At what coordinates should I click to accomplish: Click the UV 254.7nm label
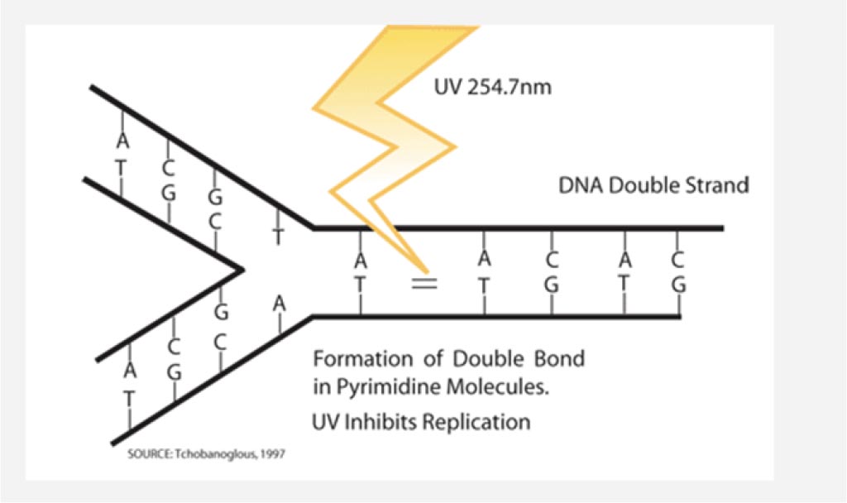point(493,86)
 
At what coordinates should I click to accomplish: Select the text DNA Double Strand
point(653,185)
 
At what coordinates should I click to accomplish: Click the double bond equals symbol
point(424,283)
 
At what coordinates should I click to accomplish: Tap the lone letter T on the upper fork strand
point(278,237)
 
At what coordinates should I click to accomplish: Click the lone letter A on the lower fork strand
point(279,304)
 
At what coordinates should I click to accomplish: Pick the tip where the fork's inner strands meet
point(243,269)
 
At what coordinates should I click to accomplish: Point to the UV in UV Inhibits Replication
point(326,421)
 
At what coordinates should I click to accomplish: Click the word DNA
point(581,185)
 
